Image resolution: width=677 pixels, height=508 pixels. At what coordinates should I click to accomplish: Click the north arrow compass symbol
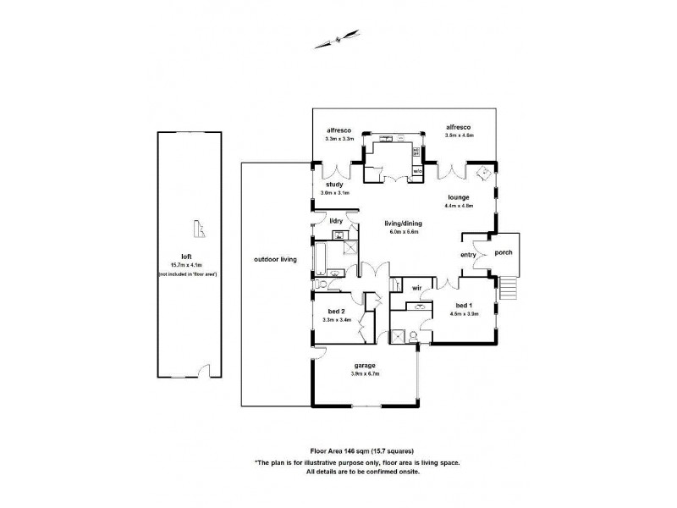click(339, 38)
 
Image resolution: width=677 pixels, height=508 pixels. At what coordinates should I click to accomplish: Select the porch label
click(503, 253)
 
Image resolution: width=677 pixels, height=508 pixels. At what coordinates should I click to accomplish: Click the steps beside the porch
click(508, 290)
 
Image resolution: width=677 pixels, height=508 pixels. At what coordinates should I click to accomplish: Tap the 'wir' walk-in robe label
click(416, 289)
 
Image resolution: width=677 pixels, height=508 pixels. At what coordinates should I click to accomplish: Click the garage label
click(365, 365)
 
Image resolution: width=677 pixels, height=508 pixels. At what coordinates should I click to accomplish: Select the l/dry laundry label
click(336, 221)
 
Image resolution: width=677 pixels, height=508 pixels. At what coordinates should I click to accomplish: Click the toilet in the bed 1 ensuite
click(412, 336)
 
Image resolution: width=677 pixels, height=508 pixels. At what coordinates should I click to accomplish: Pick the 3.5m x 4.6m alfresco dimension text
click(460, 135)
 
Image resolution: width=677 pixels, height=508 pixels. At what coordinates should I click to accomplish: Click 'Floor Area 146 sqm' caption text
click(343, 451)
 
